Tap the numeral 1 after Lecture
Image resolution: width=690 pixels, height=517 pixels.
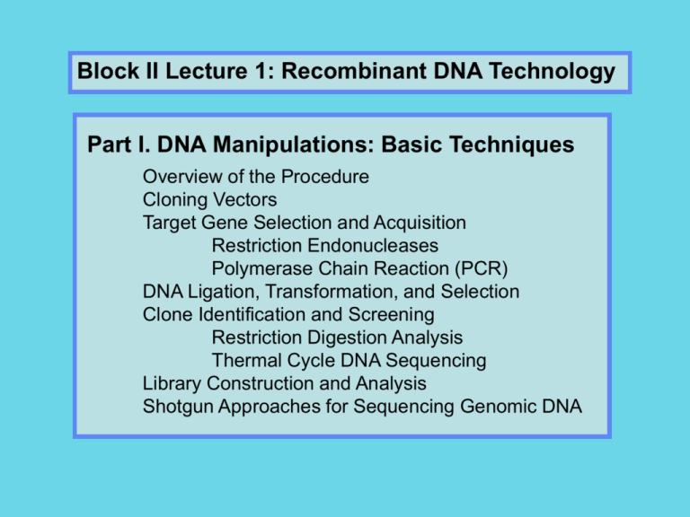[261, 71]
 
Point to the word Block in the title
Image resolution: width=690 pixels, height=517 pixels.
[108, 70]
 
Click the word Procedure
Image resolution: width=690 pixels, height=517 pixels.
[324, 177]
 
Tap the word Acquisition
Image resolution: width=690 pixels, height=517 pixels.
[420, 223]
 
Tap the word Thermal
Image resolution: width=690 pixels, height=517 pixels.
[246, 361]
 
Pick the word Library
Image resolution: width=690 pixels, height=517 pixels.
[172, 384]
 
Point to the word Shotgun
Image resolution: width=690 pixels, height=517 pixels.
[178, 407]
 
